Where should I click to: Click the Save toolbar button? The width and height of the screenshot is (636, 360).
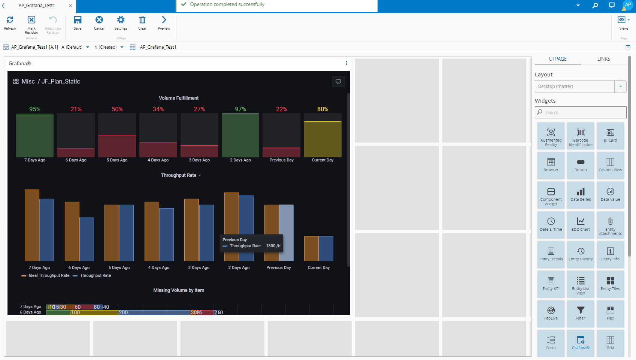point(78,22)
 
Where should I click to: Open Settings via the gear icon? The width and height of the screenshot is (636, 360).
point(121,22)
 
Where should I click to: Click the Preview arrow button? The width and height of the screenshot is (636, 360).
point(164,22)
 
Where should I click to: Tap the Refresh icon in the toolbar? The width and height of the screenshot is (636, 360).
point(10,22)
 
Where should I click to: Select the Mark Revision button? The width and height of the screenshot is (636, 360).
point(31,24)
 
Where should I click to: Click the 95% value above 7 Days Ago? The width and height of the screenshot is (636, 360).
point(35,109)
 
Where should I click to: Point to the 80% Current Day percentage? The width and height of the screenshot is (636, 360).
point(322,109)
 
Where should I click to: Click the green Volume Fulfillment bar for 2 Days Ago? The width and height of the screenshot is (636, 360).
point(240,135)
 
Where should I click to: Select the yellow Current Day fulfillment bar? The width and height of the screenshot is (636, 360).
point(322,139)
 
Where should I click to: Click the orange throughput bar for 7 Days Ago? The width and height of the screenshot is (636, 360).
point(32,225)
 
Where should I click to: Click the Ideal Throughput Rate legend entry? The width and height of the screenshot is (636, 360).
point(49,275)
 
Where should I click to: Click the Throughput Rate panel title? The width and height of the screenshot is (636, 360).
point(179,175)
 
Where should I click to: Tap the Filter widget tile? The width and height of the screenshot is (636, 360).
point(581,313)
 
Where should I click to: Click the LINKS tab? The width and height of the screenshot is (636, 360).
point(603,59)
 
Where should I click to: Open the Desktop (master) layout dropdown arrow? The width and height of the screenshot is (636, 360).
point(620,87)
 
